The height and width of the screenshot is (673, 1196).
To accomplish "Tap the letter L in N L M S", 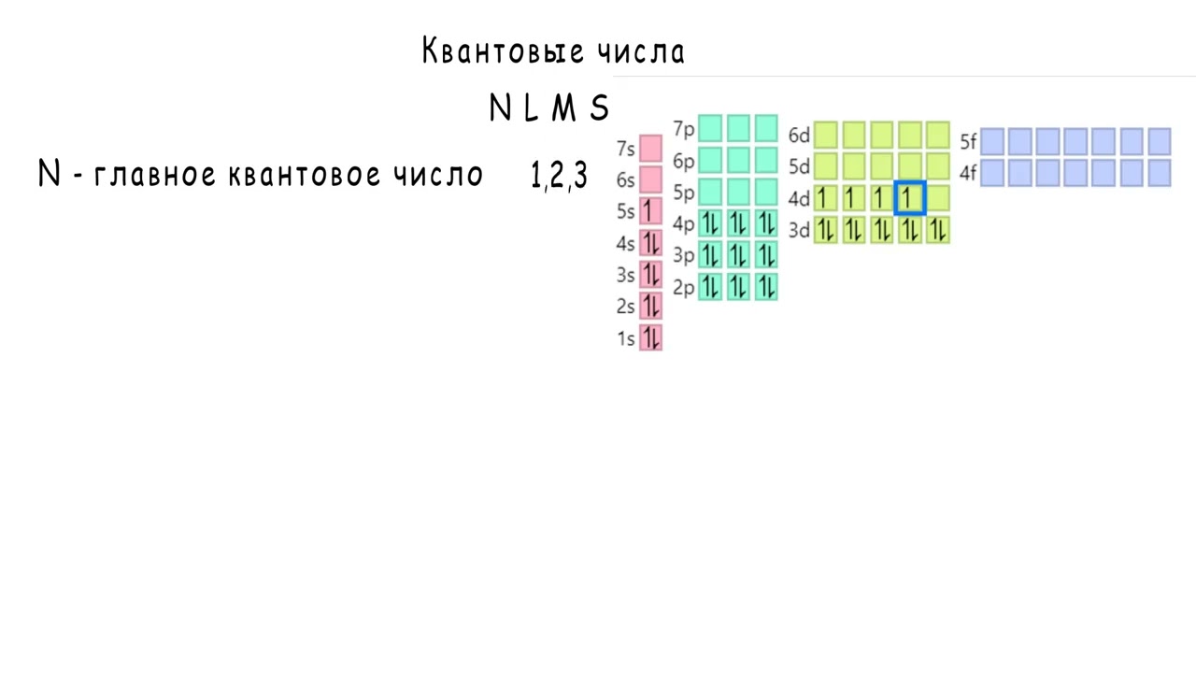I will coord(532,109).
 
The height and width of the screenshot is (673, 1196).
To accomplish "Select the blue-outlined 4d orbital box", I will coord(909,198).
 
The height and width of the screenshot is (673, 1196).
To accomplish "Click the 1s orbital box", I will coord(650,337).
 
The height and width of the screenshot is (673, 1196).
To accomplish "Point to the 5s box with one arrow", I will coord(650,211).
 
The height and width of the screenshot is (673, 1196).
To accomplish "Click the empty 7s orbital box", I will coord(650,149).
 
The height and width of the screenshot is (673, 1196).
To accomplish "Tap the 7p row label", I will coord(684,129).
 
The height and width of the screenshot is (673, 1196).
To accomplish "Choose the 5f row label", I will coord(968,142).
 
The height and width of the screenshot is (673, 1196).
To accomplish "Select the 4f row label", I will coord(968,173).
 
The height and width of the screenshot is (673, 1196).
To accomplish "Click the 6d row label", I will coord(799,136).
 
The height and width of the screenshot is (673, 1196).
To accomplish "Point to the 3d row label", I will coord(799,230).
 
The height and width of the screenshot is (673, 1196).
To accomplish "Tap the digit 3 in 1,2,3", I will coord(580,176).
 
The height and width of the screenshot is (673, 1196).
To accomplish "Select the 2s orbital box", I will coord(650,306).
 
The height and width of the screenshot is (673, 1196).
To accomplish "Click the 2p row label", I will coord(684,287).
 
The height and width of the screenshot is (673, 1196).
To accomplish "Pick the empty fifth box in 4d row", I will coord(937,198).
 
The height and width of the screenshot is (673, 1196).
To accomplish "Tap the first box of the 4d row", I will coord(825,198).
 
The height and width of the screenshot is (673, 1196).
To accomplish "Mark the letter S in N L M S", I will coord(599,109).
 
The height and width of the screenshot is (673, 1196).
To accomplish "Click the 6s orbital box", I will coord(650,179).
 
